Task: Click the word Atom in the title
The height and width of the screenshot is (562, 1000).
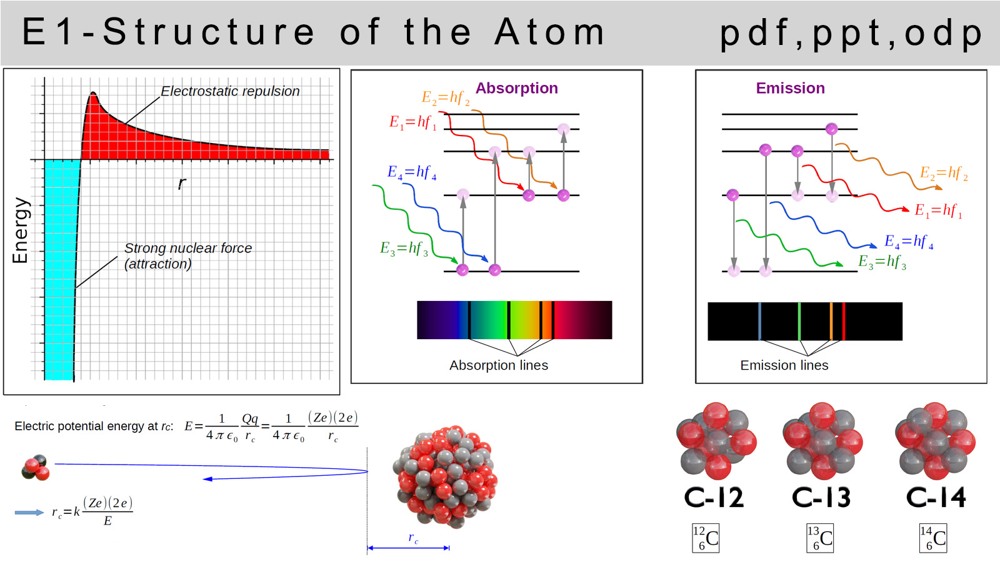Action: pyautogui.click(x=549, y=32)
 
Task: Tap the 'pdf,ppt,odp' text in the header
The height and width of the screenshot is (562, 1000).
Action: pyautogui.click(x=851, y=34)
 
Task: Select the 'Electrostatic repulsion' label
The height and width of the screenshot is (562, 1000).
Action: pyautogui.click(x=230, y=91)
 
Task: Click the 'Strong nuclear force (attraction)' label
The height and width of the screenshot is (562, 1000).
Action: pyautogui.click(x=188, y=256)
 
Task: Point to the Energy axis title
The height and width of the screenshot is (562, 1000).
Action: pyautogui.click(x=20, y=230)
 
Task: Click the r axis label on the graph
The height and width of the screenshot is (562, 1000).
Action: pyautogui.click(x=182, y=183)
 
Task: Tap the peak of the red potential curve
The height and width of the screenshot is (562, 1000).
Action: pyautogui.click(x=93, y=93)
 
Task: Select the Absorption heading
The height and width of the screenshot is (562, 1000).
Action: pyautogui.click(x=516, y=88)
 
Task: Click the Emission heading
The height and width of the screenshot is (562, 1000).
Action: pyautogui.click(x=790, y=88)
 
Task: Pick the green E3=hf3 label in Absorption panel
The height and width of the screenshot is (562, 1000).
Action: pyautogui.click(x=404, y=248)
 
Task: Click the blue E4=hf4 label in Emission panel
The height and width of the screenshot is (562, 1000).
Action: pyautogui.click(x=909, y=242)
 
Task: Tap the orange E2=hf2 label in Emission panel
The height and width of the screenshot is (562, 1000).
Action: pyautogui.click(x=944, y=173)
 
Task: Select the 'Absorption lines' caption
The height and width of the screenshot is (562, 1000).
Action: pyautogui.click(x=499, y=365)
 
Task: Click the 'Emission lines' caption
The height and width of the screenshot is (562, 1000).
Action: pyautogui.click(x=784, y=365)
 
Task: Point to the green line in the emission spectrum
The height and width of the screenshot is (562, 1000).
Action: pyautogui.click(x=799, y=321)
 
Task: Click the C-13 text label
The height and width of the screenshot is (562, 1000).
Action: pyautogui.click(x=821, y=497)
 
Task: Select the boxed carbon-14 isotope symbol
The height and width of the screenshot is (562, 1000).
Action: pyautogui.click(x=933, y=538)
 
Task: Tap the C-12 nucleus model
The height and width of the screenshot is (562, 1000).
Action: pyautogui.click(x=716, y=441)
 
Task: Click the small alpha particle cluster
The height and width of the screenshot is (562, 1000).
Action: pyautogui.click(x=36, y=468)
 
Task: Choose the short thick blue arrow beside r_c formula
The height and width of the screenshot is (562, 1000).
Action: pyautogui.click(x=29, y=513)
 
